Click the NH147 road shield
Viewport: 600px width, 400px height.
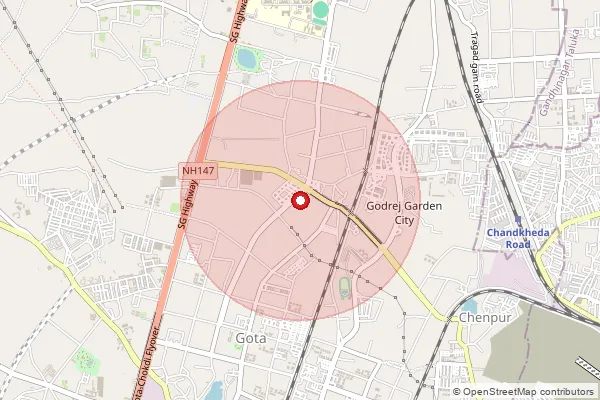[198, 171]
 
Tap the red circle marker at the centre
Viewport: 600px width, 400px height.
[299, 201]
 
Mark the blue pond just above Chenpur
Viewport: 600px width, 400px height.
[469, 305]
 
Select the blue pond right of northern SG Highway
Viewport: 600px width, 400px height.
[245, 59]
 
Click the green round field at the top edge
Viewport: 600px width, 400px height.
[320, 10]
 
